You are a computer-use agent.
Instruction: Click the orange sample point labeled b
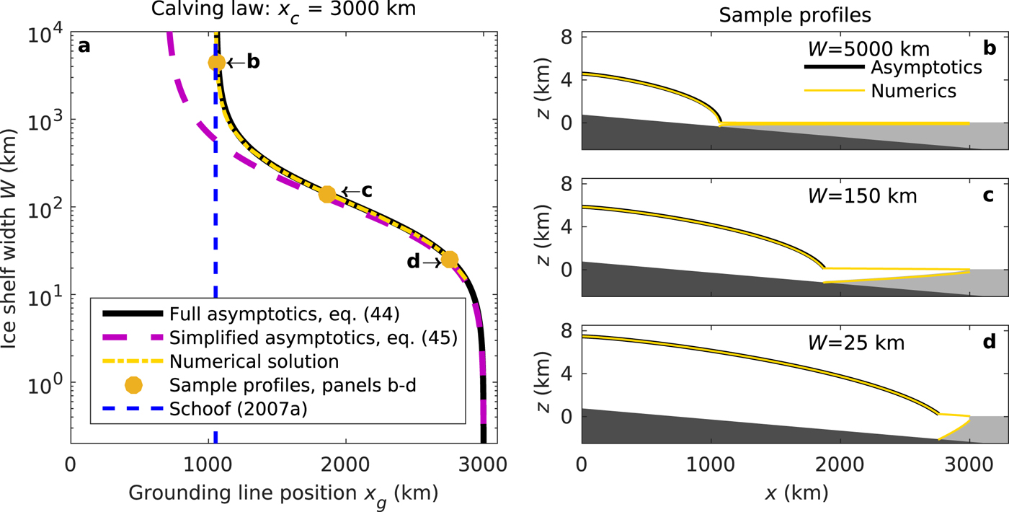[217, 63]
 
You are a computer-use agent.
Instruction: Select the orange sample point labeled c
[326, 194]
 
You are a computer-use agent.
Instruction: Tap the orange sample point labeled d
[450, 260]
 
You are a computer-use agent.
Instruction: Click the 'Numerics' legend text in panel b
[913, 91]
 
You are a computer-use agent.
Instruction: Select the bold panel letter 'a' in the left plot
[85, 47]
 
